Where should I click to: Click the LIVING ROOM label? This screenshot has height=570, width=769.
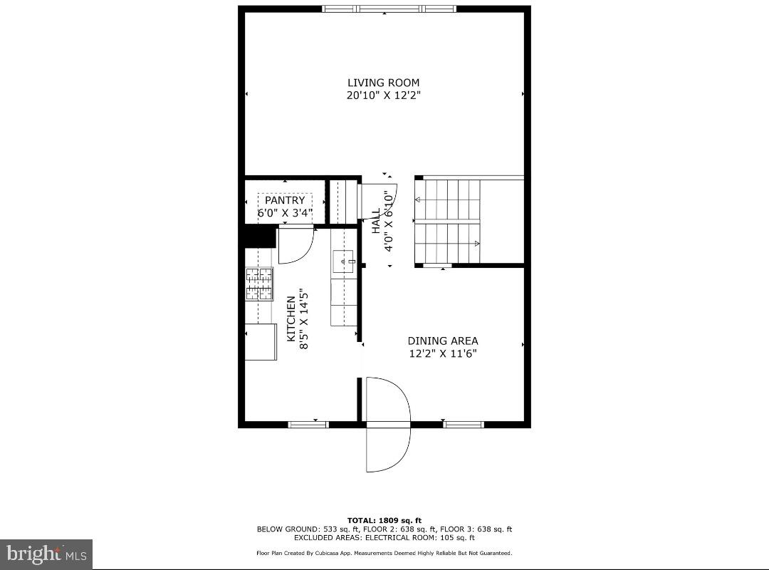pos(383,83)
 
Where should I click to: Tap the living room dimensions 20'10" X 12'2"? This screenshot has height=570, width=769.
pos(383,95)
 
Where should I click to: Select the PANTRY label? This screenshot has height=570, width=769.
pos(285,201)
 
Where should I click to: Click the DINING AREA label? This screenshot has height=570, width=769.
pos(442,341)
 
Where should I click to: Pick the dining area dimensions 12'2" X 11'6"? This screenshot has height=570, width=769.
pos(442,353)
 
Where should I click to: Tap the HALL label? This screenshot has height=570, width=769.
pos(375,221)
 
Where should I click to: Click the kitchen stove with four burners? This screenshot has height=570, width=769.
pos(259,284)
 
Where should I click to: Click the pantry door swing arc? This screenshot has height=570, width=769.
pos(295,244)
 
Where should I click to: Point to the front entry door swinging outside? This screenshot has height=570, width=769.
pos(388,449)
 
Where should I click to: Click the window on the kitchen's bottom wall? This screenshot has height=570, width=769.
pos(308,425)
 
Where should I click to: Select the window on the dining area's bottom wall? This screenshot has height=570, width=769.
pos(464,425)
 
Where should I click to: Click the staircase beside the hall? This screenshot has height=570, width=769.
pos(449,222)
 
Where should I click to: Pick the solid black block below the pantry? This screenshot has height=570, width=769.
pos(260,236)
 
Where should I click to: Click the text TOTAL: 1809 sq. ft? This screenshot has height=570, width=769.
pos(384,520)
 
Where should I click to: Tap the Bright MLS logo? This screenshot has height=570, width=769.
pos(46,553)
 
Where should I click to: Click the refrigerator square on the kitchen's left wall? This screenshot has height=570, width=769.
pos(261,342)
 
